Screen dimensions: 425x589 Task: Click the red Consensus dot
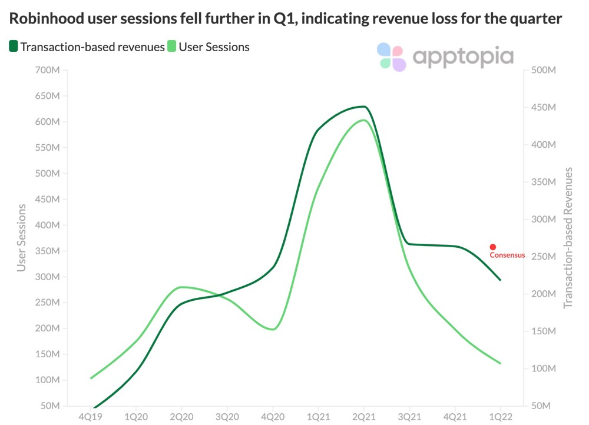pyautogui.click(x=492, y=247)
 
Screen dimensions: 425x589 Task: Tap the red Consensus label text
pyautogui.click(x=507, y=255)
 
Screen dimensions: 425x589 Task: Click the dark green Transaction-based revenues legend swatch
pyautogui.click(x=13, y=47)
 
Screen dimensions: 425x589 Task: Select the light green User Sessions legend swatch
pyautogui.click(x=172, y=47)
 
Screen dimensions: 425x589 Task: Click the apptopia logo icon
pyautogui.click(x=392, y=57)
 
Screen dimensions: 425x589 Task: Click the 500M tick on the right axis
pyautogui.click(x=544, y=71)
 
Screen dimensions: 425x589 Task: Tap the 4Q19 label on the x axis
pyautogui.click(x=91, y=416)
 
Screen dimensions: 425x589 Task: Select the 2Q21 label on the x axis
pyautogui.click(x=363, y=416)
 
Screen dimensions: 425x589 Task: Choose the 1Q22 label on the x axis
pyautogui.click(x=500, y=416)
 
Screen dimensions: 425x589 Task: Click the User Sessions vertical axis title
pyautogui.click(x=22, y=238)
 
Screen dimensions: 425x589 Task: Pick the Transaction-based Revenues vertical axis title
pyautogui.click(x=568, y=238)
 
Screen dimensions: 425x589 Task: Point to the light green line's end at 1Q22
pyautogui.click(x=500, y=363)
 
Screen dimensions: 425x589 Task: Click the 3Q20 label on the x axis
pyautogui.click(x=227, y=416)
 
